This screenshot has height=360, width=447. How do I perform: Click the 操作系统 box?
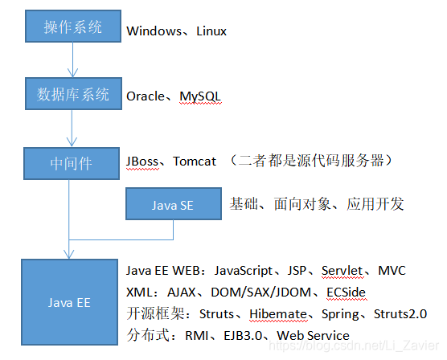coord(73,27)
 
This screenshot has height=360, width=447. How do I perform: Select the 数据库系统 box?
coord(73,93)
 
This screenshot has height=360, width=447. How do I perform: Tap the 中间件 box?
coord(72,163)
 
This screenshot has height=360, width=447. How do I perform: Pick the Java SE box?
coord(174,203)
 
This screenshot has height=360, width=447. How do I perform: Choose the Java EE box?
coord(70,302)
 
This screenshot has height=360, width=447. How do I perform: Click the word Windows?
coord(154,31)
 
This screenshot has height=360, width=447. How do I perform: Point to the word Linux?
coord(211,31)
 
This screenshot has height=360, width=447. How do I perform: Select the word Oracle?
coord(146,96)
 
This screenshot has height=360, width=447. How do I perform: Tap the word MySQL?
coord(200,97)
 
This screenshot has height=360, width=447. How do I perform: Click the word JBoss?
coord(142,162)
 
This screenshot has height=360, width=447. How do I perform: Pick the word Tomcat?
coord(195,162)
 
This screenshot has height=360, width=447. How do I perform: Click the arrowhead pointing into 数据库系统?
coord(72,72)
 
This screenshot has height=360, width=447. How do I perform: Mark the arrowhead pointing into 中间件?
coord(72,142)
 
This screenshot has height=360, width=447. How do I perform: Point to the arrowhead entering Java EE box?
coord(69,254)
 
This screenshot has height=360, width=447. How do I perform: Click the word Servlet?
coord(342,271)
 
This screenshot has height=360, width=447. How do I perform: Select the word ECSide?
coord(346,292)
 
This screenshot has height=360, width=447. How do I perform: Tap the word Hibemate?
coord(278,314)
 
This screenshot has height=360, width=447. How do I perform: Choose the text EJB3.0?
coord(243,336)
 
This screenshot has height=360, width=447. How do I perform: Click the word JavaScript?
coord(244,271)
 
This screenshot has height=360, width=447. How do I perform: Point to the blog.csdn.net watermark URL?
coord(354,346)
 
